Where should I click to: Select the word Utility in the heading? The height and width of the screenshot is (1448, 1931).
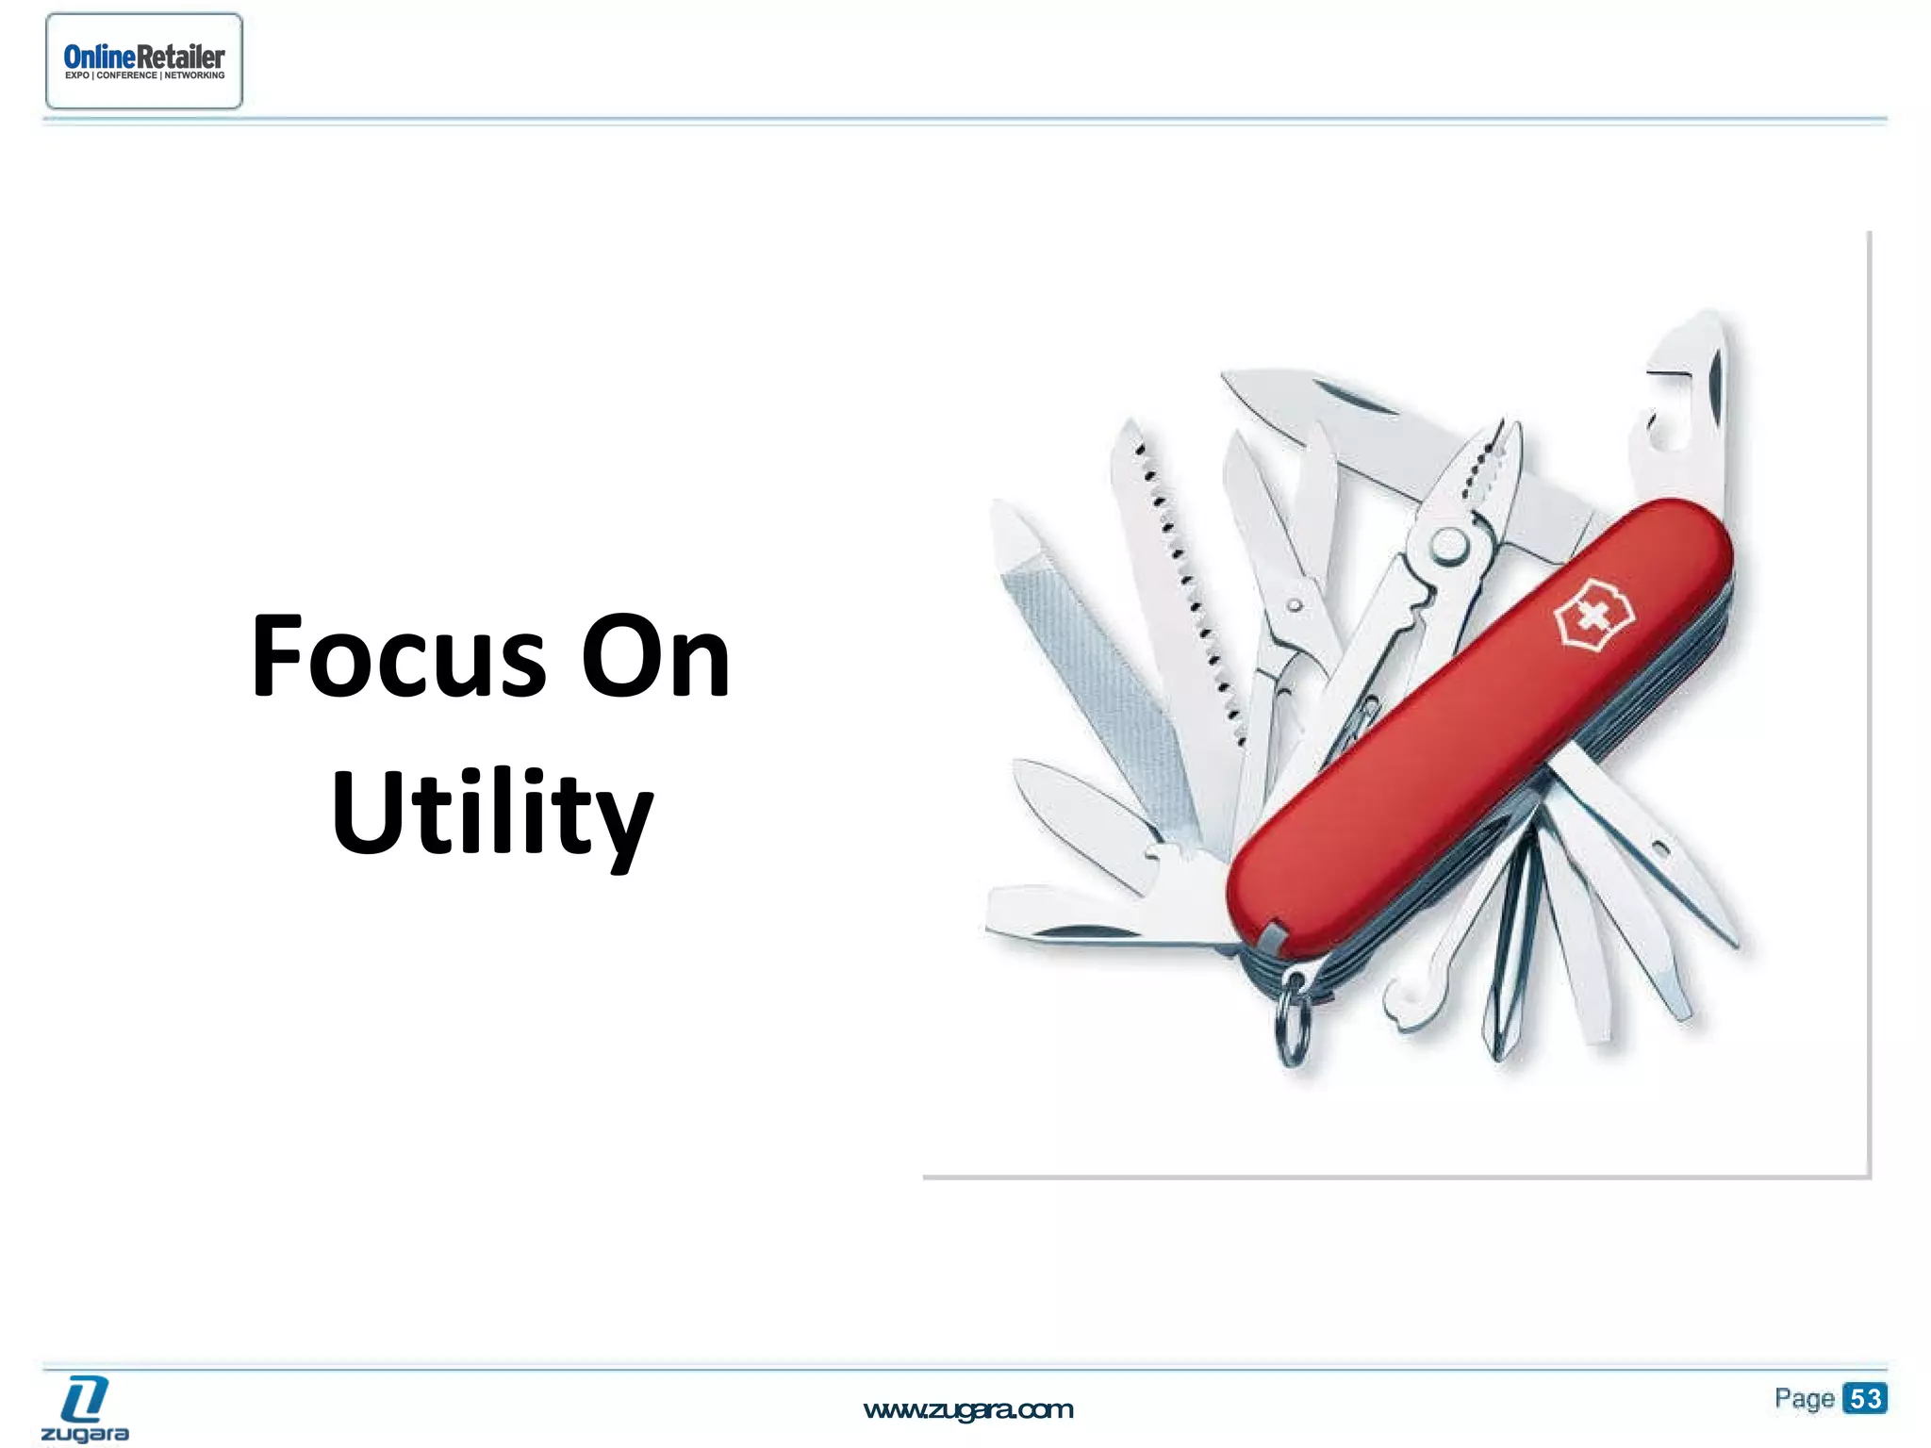tap(491, 813)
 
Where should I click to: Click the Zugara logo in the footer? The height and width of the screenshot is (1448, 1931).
tap(85, 1408)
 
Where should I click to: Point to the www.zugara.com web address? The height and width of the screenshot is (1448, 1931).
tap(968, 1410)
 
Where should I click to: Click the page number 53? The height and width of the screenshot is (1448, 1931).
tap(1865, 1398)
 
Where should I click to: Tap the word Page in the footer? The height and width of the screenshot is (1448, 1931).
tap(1804, 1399)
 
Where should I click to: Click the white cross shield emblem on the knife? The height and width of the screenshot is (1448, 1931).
tap(1593, 618)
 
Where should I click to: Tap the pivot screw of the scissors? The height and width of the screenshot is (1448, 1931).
tap(1295, 604)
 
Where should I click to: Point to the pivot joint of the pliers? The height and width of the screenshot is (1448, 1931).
tap(1448, 545)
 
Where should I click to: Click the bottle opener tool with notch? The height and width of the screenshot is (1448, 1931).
tap(1688, 396)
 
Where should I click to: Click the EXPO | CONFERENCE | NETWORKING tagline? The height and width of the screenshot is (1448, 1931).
tap(144, 76)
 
